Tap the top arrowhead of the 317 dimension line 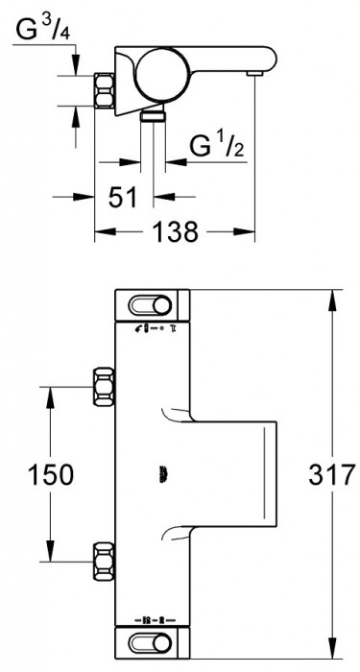click(332, 297)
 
